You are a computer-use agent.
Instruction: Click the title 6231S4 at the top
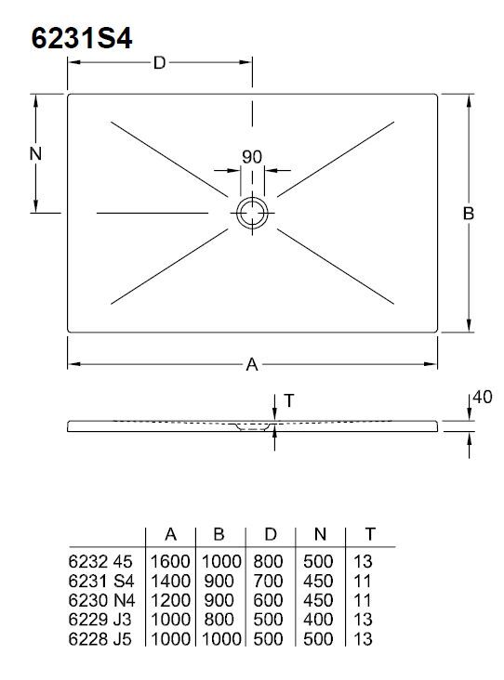point(82,39)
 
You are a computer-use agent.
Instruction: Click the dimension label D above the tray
point(159,63)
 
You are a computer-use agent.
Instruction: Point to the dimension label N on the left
point(35,153)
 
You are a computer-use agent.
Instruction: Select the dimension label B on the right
point(469,214)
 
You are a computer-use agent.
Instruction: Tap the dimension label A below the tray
point(252,365)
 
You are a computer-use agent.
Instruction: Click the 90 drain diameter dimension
point(252,157)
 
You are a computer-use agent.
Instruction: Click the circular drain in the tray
point(252,213)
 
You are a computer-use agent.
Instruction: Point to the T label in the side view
point(288,400)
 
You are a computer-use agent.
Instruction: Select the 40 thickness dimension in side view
point(482,398)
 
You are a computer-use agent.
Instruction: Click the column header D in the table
point(270,534)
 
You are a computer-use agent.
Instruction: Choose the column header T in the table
point(370,534)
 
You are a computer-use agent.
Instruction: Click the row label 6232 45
point(100,562)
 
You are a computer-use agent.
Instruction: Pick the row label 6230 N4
point(101,601)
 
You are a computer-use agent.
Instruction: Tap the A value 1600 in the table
point(170,562)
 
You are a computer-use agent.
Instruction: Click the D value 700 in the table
point(268,582)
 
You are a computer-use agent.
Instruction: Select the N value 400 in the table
point(318,620)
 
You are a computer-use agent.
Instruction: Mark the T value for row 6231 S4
point(363,582)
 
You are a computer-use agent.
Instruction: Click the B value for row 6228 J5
point(221,639)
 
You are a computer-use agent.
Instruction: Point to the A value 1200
point(170,601)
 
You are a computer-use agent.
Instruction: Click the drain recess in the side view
point(252,427)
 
